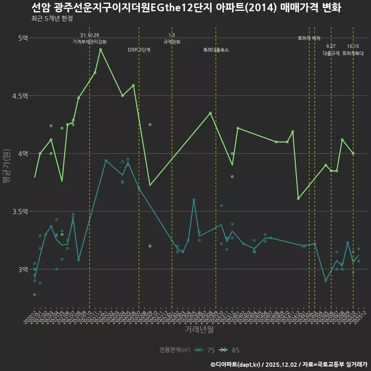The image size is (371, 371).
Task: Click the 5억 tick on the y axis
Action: [x=23, y=38]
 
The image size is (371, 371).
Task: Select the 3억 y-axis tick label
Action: [x=23, y=269]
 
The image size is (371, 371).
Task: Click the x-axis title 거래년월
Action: [x=199, y=330]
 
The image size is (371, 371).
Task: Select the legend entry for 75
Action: [x=205, y=350]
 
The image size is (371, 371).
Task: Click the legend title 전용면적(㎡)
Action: [x=175, y=350]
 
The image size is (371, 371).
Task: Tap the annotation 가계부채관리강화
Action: [x=89, y=42]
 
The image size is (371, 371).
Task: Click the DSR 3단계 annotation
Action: [x=139, y=50]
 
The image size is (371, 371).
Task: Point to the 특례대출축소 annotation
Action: [x=216, y=50]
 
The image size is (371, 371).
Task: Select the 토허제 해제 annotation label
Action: [x=309, y=38]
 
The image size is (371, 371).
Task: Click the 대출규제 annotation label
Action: [x=331, y=54]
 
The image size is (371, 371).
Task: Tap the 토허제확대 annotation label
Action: [x=353, y=54]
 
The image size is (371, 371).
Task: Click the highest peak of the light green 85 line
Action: [x=100, y=49]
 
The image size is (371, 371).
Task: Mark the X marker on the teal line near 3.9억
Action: [x=123, y=165]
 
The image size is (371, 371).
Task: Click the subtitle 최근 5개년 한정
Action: [x=52, y=18]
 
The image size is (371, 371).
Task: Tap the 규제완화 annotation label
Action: [x=172, y=42]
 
